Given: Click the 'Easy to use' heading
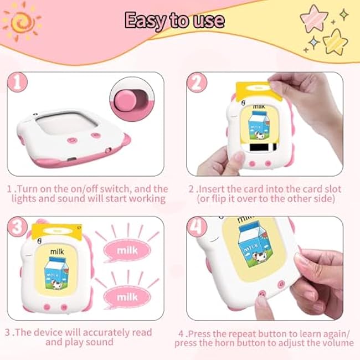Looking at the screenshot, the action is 174,20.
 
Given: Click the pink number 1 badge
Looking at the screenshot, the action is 18,82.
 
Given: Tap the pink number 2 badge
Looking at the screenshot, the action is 197,82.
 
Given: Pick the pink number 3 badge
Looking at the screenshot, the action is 18,227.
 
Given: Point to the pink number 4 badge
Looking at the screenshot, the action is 197,227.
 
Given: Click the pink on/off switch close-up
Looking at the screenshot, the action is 132,99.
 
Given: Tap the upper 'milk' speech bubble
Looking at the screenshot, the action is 127,250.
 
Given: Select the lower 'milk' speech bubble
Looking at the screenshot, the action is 127,297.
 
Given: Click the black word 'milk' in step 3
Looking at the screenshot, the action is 57,251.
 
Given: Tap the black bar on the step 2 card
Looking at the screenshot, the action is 260,147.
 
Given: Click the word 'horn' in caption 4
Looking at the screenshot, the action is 225,343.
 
